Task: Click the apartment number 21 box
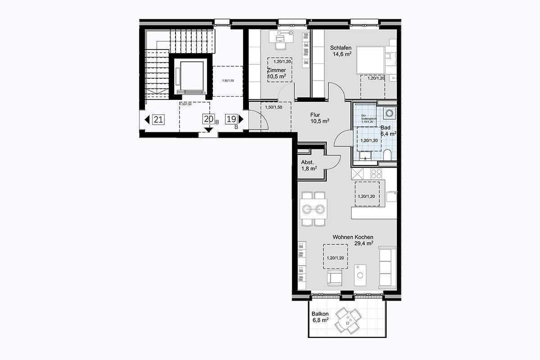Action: pyautogui.click(x=158, y=119)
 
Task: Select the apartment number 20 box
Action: pyautogui.click(x=208, y=119)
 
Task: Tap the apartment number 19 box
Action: pyautogui.click(x=231, y=119)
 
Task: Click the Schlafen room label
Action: pyautogui.click(x=341, y=51)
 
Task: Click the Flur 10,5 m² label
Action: pyautogui.click(x=319, y=118)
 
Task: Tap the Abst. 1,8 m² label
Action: pyautogui.click(x=309, y=165)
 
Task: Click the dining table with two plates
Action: pyautogui.click(x=314, y=209)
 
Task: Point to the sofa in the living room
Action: pyautogui.click(x=387, y=267)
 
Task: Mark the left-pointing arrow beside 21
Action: pyautogui.click(x=147, y=120)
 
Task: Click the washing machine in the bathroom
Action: pyautogui.click(x=389, y=112)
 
